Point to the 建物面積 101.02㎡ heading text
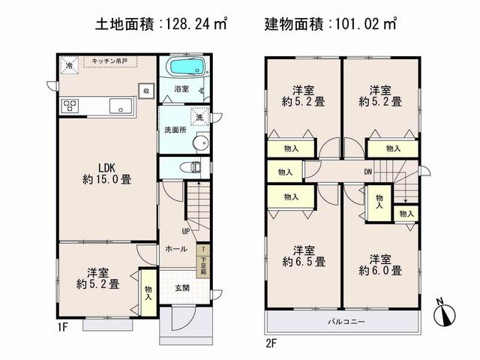click(331, 24)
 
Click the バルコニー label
click(344, 322)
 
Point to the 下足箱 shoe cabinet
click(202, 265)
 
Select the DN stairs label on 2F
click(368, 172)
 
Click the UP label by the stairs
click(185, 232)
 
